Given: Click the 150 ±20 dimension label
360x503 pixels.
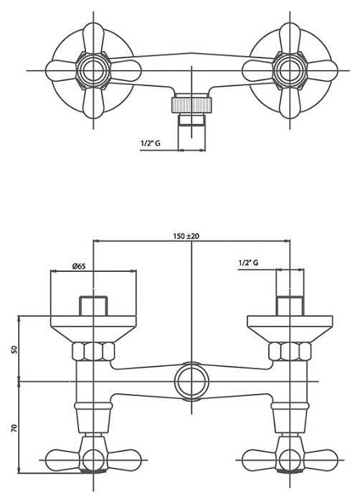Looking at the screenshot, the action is pos(186,236).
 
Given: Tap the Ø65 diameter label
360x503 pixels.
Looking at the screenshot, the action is pos(79,266).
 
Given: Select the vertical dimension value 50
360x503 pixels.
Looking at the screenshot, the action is pos(14,349).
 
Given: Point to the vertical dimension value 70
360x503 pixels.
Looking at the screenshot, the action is pos(14,428).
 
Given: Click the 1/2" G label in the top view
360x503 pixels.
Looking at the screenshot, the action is pos(151,143).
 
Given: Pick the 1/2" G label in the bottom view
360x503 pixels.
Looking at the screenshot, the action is pos(248,263).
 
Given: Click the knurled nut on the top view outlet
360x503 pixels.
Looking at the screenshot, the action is pos(191,103).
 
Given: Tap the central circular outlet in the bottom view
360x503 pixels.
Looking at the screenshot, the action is pos(191,382).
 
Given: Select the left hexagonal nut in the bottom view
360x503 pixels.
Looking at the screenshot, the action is pos(93,352).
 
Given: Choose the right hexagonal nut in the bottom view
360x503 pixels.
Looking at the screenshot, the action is pos(290,352).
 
